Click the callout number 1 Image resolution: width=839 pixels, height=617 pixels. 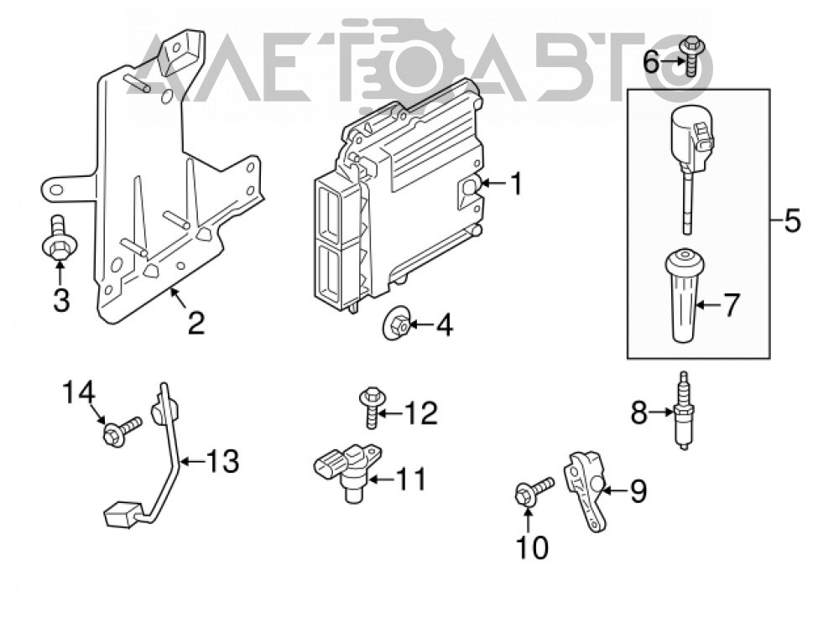click(x=515, y=184)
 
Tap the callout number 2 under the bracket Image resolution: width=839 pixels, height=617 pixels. click(x=195, y=323)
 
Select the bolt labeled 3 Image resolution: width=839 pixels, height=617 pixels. click(x=59, y=238)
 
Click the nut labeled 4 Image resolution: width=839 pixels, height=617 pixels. click(x=397, y=323)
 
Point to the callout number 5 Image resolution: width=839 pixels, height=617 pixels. click(x=792, y=220)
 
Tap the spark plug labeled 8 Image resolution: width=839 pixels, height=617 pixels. click(x=683, y=411)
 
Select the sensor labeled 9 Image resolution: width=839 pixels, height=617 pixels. click(x=586, y=490)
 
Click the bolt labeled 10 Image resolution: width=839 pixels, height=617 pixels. click(x=534, y=490)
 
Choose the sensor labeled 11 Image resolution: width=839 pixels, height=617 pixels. click(x=348, y=469)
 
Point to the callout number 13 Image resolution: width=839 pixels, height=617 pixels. click(x=222, y=461)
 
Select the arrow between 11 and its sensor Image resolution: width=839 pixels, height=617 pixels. click(x=382, y=479)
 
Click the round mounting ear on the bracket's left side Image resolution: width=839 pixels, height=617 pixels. click(x=56, y=189)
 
